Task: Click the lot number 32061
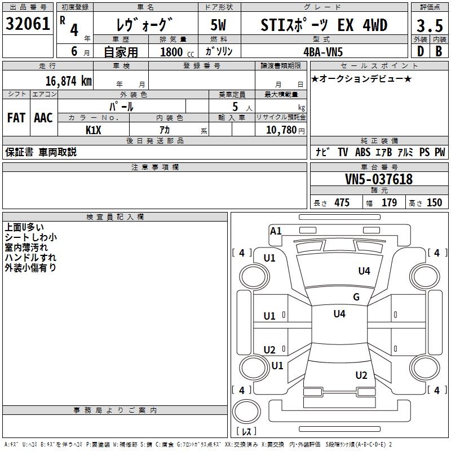coord(28,24)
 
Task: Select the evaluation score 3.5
coord(430,25)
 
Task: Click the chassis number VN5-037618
coord(379,179)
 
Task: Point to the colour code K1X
coord(93,130)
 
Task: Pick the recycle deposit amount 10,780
coord(280,130)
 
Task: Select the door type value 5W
coord(219,25)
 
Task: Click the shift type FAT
coord(16,118)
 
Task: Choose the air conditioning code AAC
coord(43,118)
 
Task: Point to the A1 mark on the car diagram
coord(276,231)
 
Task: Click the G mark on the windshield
coord(356,297)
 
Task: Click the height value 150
coord(434,203)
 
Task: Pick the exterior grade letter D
coord(420,51)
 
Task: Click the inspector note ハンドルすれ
coord(26,258)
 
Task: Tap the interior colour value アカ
coord(165,130)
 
